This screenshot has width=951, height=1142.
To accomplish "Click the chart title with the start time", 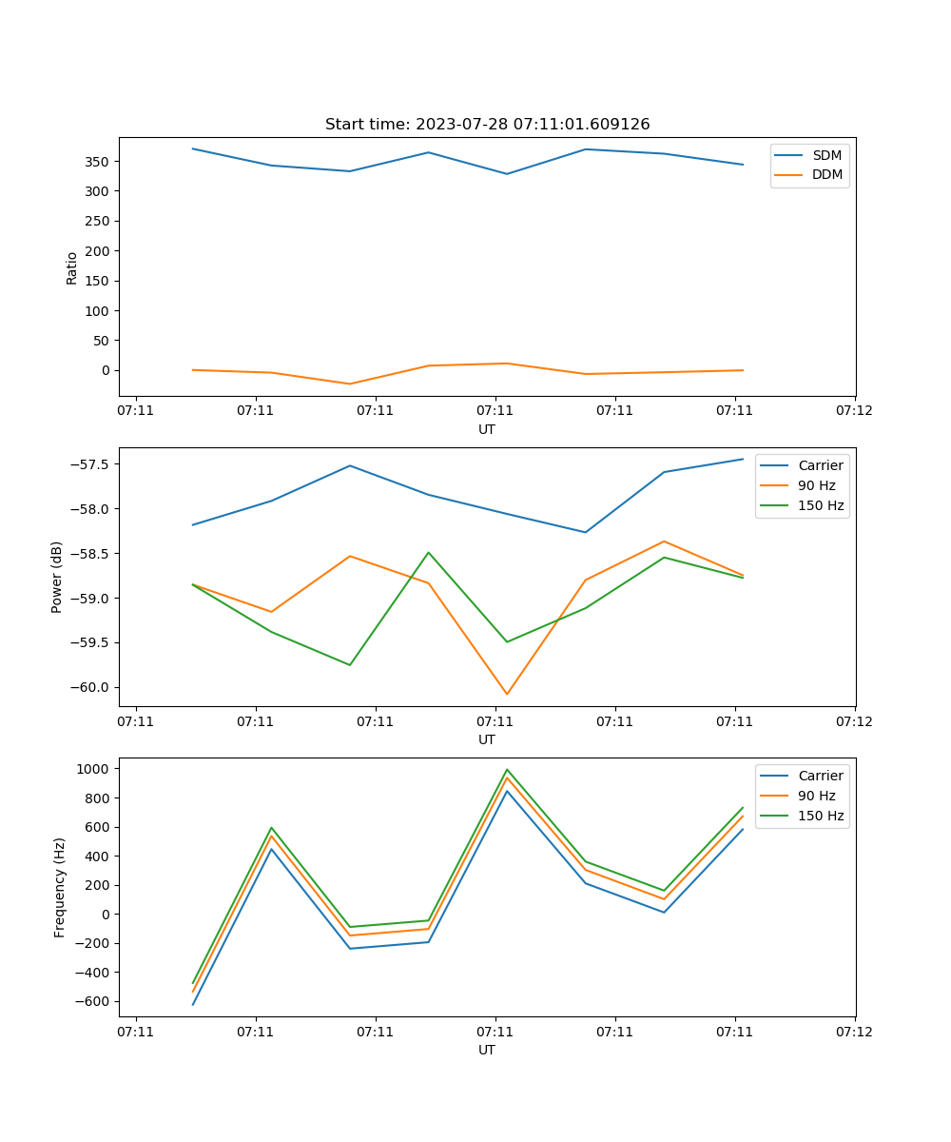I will [x=487, y=125].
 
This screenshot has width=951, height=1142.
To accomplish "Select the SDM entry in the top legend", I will [x=826, y=155].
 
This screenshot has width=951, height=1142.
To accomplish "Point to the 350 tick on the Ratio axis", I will [x=98, y=161].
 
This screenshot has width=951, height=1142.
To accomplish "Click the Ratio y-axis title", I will [x=72, y=267].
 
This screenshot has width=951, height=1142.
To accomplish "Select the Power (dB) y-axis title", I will [x=57, y=577].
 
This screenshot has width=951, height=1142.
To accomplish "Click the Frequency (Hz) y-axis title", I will [x=59, y=887].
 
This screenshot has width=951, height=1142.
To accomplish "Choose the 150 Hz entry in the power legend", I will [x=821, y=505].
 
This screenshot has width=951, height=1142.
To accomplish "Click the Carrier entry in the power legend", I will [x=821, y=465].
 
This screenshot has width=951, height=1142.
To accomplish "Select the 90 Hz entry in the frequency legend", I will [x=817, y=796].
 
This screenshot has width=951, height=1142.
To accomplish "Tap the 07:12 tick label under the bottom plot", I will [x=854, y=1031].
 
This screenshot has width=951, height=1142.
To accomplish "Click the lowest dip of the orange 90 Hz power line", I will [x=507, y=694].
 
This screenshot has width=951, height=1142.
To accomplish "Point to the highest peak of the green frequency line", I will [x=507, y=770].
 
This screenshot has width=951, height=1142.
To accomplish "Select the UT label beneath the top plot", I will [x=487, y=429].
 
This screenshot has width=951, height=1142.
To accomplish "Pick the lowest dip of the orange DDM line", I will [x=350, y=384].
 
